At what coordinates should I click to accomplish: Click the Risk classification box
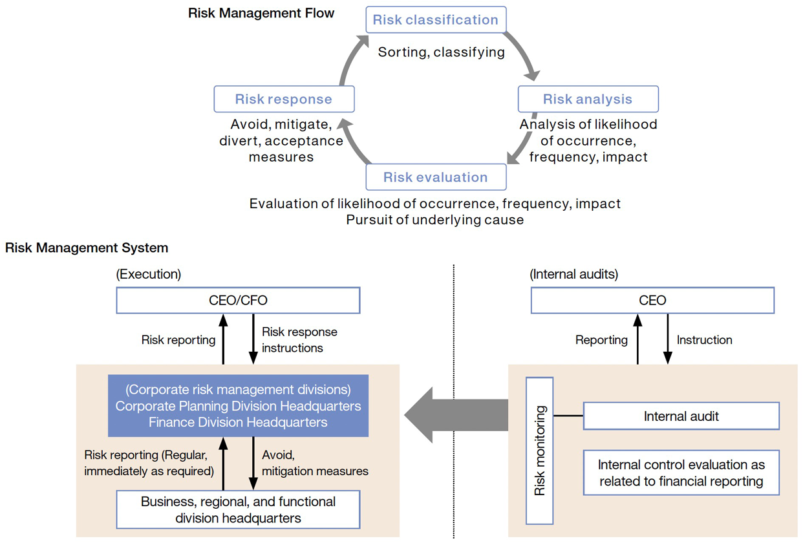click(x=435, y=19)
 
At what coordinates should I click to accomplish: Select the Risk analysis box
click(x=588, y=99)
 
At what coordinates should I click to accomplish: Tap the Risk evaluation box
click(x=435, y=177)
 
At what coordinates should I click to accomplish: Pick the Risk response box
click(x=284, y=100)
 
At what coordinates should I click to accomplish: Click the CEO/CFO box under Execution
click(x=238, y=301)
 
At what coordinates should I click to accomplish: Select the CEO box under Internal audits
click(x=652, y=301)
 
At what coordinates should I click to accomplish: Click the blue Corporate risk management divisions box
click(x=238, y=406)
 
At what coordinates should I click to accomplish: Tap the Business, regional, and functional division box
click(x=238, y=509)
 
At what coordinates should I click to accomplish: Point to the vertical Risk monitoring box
click(x=540, y=450)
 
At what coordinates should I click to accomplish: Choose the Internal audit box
click(x=681, y=416)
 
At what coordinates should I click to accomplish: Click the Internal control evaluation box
click(x=681, y=473)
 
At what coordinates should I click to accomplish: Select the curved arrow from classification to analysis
click(x=527, y=55)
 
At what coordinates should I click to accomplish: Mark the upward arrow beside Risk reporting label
click(x=223, y=339)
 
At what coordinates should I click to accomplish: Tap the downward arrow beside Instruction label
click(x=668, y=339)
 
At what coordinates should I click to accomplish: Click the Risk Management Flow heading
click(x=261, y=13)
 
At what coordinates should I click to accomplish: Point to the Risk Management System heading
click(x=87, y=248)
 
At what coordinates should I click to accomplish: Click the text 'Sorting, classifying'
click(x=441, y=52)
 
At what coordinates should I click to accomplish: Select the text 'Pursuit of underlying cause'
click(x=434, y=220)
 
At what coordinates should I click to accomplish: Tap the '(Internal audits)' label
click(x=573, y=274)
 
